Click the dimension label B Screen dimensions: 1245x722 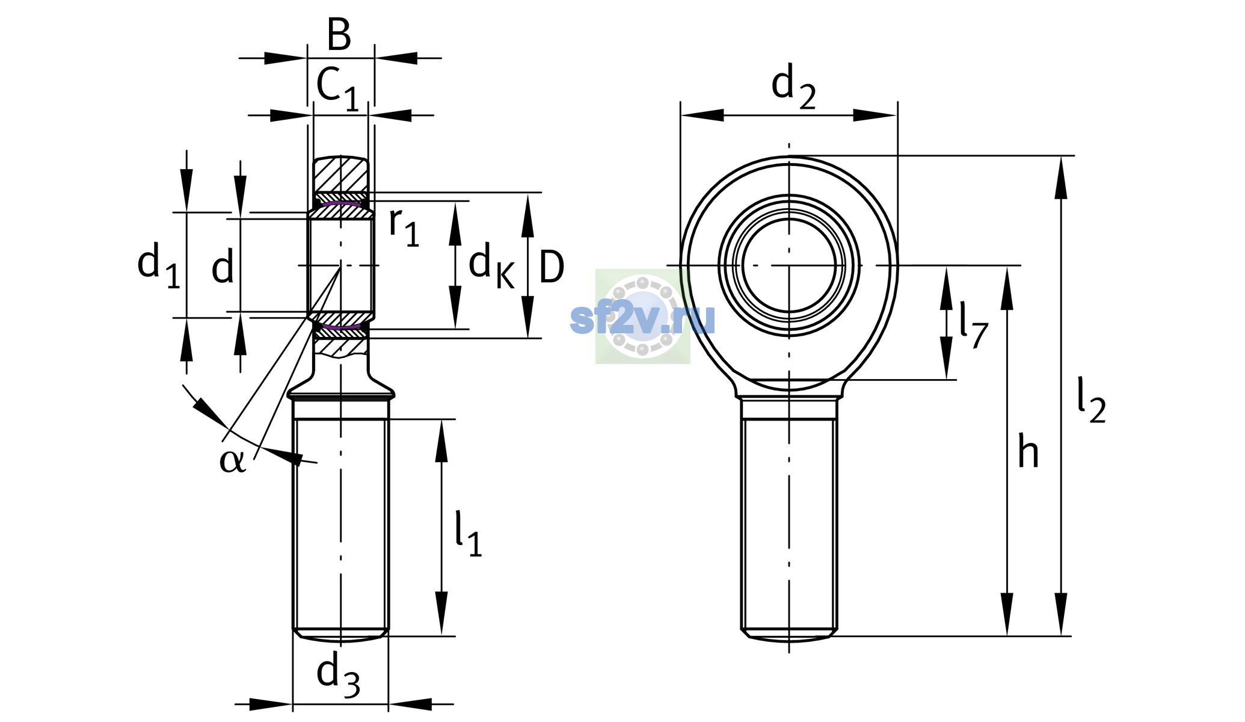339,34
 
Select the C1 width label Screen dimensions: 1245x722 337,89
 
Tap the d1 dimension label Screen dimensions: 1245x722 159,264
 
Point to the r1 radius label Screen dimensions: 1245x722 404,227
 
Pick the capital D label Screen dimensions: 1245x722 552,267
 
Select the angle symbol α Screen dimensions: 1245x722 232,461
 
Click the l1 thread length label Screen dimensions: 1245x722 469,534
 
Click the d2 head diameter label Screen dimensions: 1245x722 793,86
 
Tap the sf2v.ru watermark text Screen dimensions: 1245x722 642,318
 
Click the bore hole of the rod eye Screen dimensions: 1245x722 788,265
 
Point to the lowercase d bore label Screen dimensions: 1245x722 223,267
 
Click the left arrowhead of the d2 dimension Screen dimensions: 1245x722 702,116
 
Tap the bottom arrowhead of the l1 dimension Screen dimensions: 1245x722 441,614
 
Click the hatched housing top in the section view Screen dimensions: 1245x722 340,174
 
